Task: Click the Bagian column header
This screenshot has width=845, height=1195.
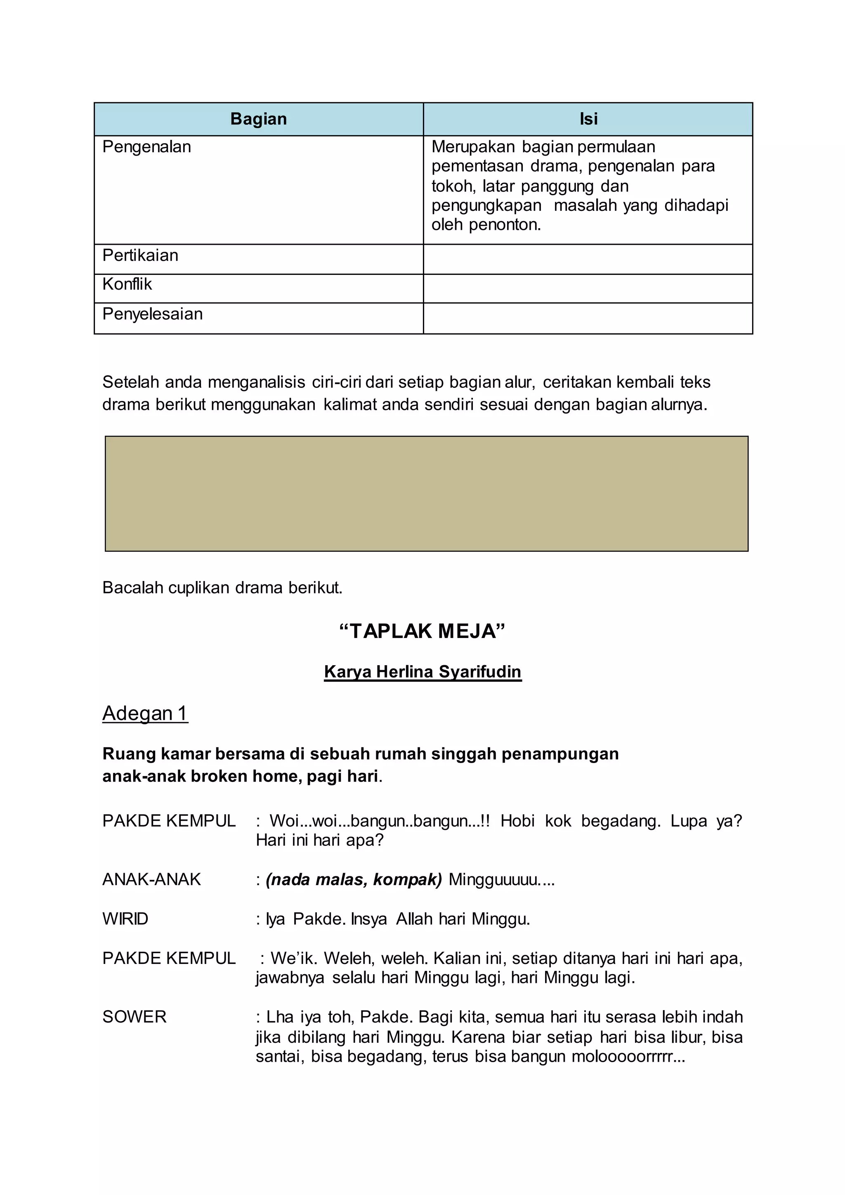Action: pos(259,119)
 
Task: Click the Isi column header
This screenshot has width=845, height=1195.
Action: pos(588,119)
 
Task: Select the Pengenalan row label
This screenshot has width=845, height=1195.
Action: pos(147,147)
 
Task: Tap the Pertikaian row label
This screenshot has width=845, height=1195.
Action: pos(140,255)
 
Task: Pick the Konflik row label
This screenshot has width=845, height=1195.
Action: pos(127,284)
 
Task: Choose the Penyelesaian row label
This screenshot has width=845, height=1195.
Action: pos(152,314)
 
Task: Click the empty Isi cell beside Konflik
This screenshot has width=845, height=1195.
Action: pos(588,289)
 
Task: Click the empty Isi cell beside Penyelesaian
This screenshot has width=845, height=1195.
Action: pos(588,319)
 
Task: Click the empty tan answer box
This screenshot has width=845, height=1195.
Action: pos(427,494)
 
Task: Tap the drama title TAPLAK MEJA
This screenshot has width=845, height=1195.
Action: pos(422,631)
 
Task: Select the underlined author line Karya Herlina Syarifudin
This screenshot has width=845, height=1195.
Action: pos(422,672)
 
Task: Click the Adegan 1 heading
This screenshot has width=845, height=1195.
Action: pos(145,713)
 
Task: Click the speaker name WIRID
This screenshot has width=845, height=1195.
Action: pos(125,919)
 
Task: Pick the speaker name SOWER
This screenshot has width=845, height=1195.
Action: pos(134,1017)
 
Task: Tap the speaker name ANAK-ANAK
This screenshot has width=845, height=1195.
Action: pos(151,880)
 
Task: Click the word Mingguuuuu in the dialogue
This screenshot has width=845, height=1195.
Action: pos(501,880)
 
